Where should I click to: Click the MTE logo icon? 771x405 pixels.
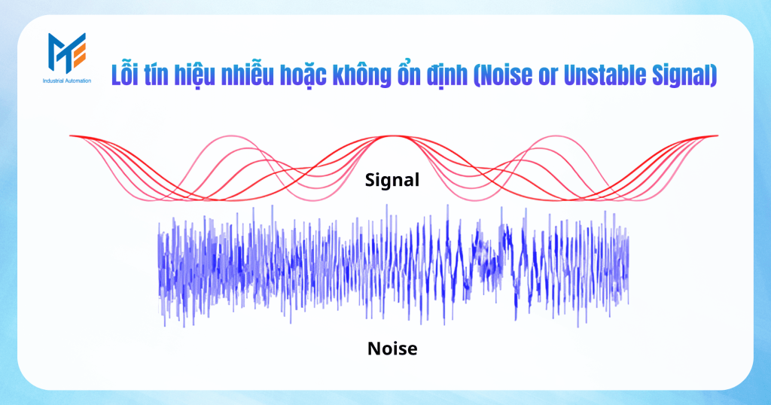[x=67, y=53]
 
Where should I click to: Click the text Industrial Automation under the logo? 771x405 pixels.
[x=67, y=80]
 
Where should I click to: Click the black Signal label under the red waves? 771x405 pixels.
[x=392, y=181]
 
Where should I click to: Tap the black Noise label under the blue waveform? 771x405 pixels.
[x=392, y=349]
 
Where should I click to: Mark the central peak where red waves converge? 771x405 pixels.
[x=392, y=136]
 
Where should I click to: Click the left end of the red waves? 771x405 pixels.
[x=71, y=136]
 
